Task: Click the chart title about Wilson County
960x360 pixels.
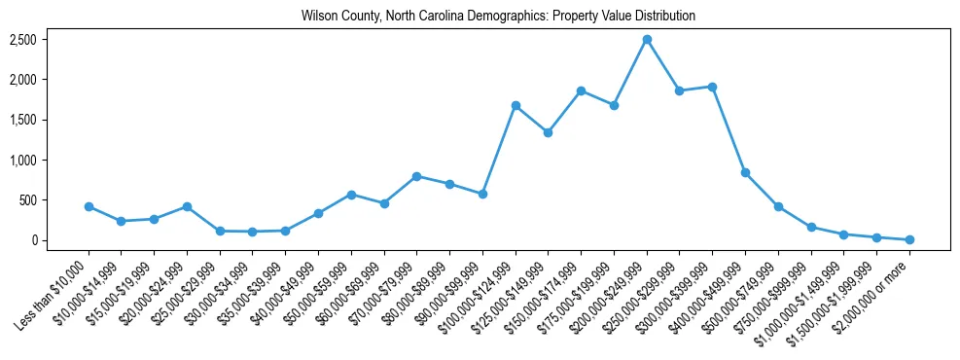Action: coord(498,17)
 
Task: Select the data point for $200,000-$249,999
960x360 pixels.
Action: coord(647,39)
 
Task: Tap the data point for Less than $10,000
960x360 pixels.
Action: coord(89,206)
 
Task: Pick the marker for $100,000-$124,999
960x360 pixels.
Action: coord(516,105)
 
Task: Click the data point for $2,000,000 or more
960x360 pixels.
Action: coord(909,239)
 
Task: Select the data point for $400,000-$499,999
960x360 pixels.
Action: coord(745,172)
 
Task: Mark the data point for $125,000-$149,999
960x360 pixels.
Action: coord(549,132)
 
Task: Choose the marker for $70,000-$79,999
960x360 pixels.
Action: coord(416,176)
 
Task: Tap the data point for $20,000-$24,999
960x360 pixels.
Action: coord(187,206)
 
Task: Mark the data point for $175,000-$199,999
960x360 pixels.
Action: coord(614,105)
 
